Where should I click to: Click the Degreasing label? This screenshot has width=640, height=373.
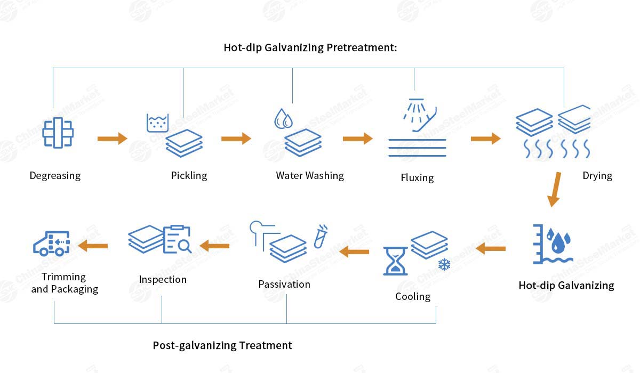tap(55, 175)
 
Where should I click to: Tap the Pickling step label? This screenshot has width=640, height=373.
tap(189, 175)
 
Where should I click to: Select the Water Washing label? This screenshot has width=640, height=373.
tap(310, 175)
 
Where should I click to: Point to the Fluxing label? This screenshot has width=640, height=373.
tap(417, 177)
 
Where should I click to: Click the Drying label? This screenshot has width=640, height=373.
tap(597, 175)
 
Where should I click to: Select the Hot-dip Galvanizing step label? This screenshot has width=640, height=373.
tap(566, 285)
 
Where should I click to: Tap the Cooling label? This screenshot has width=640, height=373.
tap(413, 296)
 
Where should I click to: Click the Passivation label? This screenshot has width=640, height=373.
tap(284, 284)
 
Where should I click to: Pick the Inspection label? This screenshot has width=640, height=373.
tap(163, 279)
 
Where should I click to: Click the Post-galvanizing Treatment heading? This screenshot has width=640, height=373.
tap(222, 345)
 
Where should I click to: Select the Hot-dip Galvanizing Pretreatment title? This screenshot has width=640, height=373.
tap(311, 47)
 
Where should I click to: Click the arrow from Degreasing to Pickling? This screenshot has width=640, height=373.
tap(112, 139)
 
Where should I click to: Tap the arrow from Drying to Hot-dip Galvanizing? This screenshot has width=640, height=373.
tap(555, 189)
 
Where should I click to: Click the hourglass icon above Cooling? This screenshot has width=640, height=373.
tap(395, 261)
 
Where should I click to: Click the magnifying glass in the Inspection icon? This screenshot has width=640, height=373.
tap(185, 245)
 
